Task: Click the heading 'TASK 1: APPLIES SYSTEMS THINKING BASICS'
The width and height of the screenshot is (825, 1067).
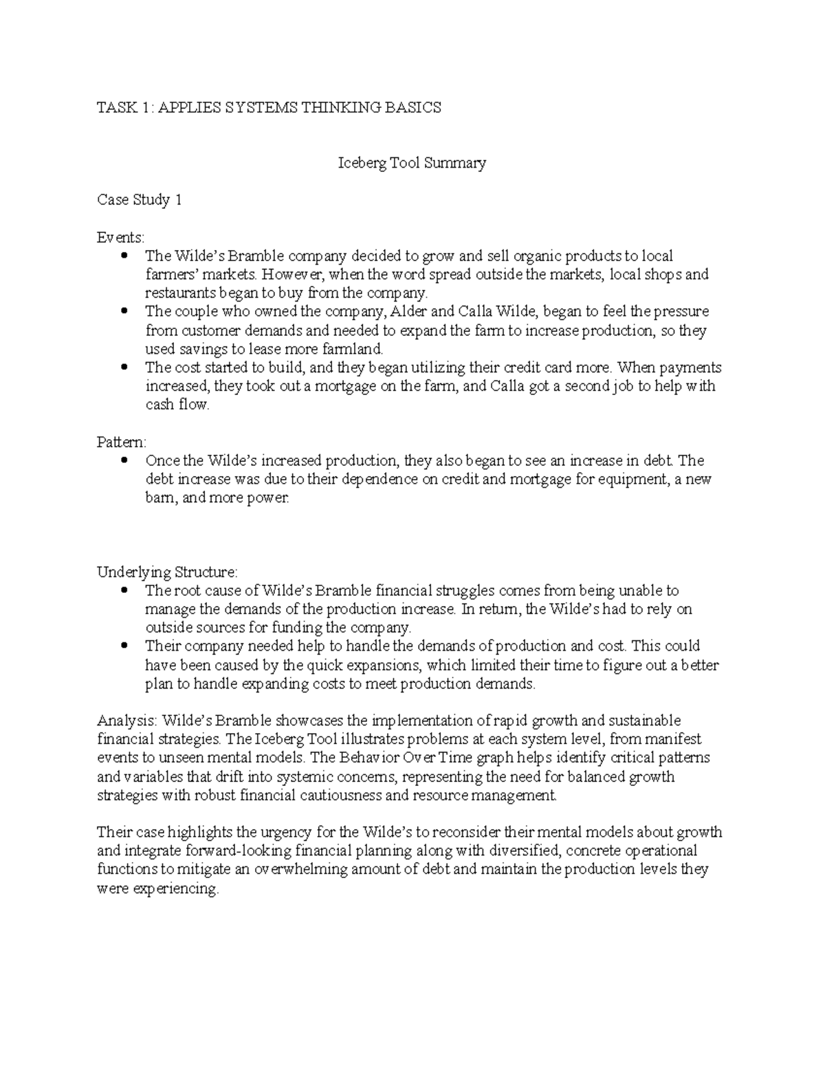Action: [269, 108]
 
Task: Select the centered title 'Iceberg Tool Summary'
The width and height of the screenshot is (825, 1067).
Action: [412, 163]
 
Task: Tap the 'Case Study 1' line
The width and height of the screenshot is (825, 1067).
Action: [140, 201]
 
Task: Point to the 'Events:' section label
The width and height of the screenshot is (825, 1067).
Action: [121, 238]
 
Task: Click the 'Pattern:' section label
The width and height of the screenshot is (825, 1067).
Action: [122, 442]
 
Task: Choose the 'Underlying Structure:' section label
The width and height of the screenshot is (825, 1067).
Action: [168, 572]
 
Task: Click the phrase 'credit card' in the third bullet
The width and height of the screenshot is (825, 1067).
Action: [558, 368]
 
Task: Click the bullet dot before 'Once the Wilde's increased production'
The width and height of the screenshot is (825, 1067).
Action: [124, 460]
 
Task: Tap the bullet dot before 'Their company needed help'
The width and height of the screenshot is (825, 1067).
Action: [124, 646]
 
